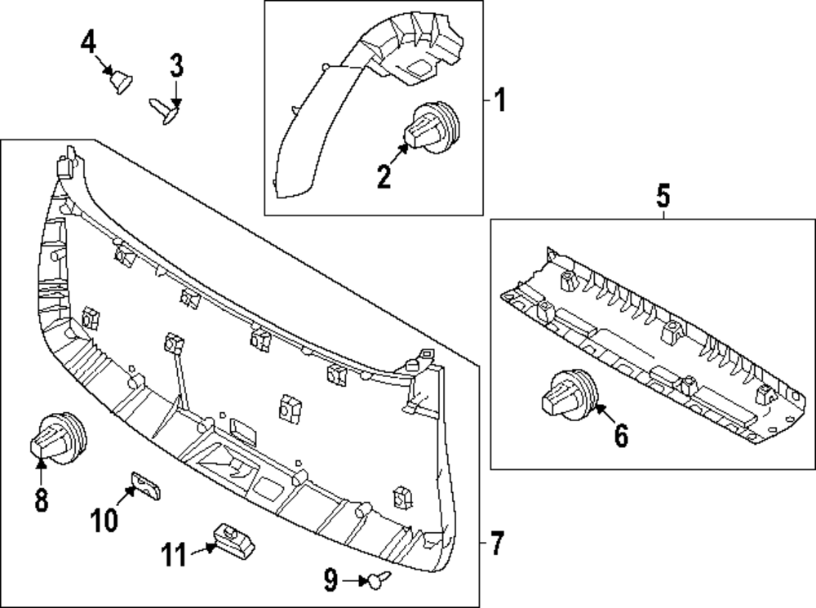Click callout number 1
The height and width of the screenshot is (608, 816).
pyautogui.click(x=500, y=102)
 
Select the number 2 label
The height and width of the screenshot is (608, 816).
pyautogui.click(x=384, y=175)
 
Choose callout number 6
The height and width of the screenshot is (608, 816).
pyautogui.click(x=621, y=437)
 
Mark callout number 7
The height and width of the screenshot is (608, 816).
pyautogui.click(x=497, y=541)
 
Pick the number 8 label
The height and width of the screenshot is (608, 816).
pyautogui.click(x=42, y=499)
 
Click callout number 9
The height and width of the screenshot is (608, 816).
pyautogui.click(x=330, y=580)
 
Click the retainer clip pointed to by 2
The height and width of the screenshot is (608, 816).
pyautogui.click(x=432, y=128)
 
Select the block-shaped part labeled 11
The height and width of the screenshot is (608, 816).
pyautogui.click(x=229, y=537)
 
